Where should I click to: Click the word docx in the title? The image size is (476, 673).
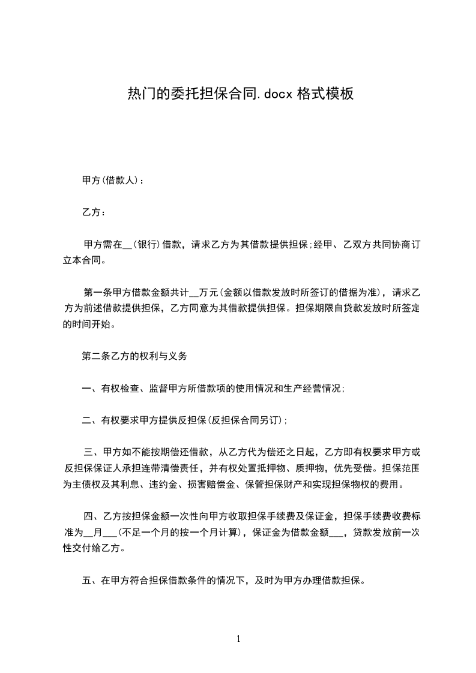(277, 94)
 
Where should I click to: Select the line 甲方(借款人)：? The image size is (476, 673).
(112, 180)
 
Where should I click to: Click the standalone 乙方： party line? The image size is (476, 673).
(94, 212)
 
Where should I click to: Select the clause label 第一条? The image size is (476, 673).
(97, 293)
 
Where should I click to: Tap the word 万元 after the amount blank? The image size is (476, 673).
(208, 293)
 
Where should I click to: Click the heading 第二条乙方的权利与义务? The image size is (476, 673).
(134, 356)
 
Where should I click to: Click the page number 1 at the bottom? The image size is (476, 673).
(238, 639)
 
